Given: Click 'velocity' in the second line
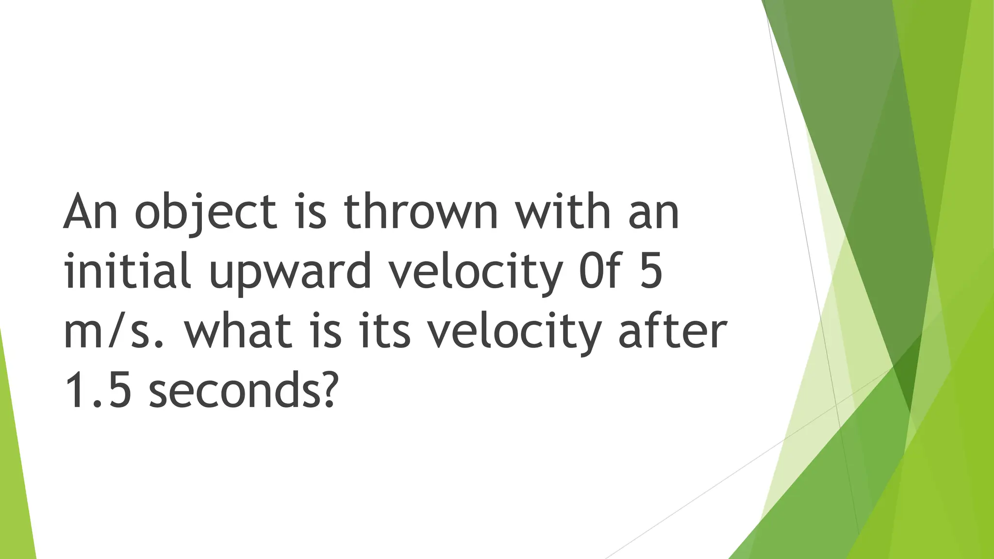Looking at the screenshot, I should [476, 272].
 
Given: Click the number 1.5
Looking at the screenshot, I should [98, 391].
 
